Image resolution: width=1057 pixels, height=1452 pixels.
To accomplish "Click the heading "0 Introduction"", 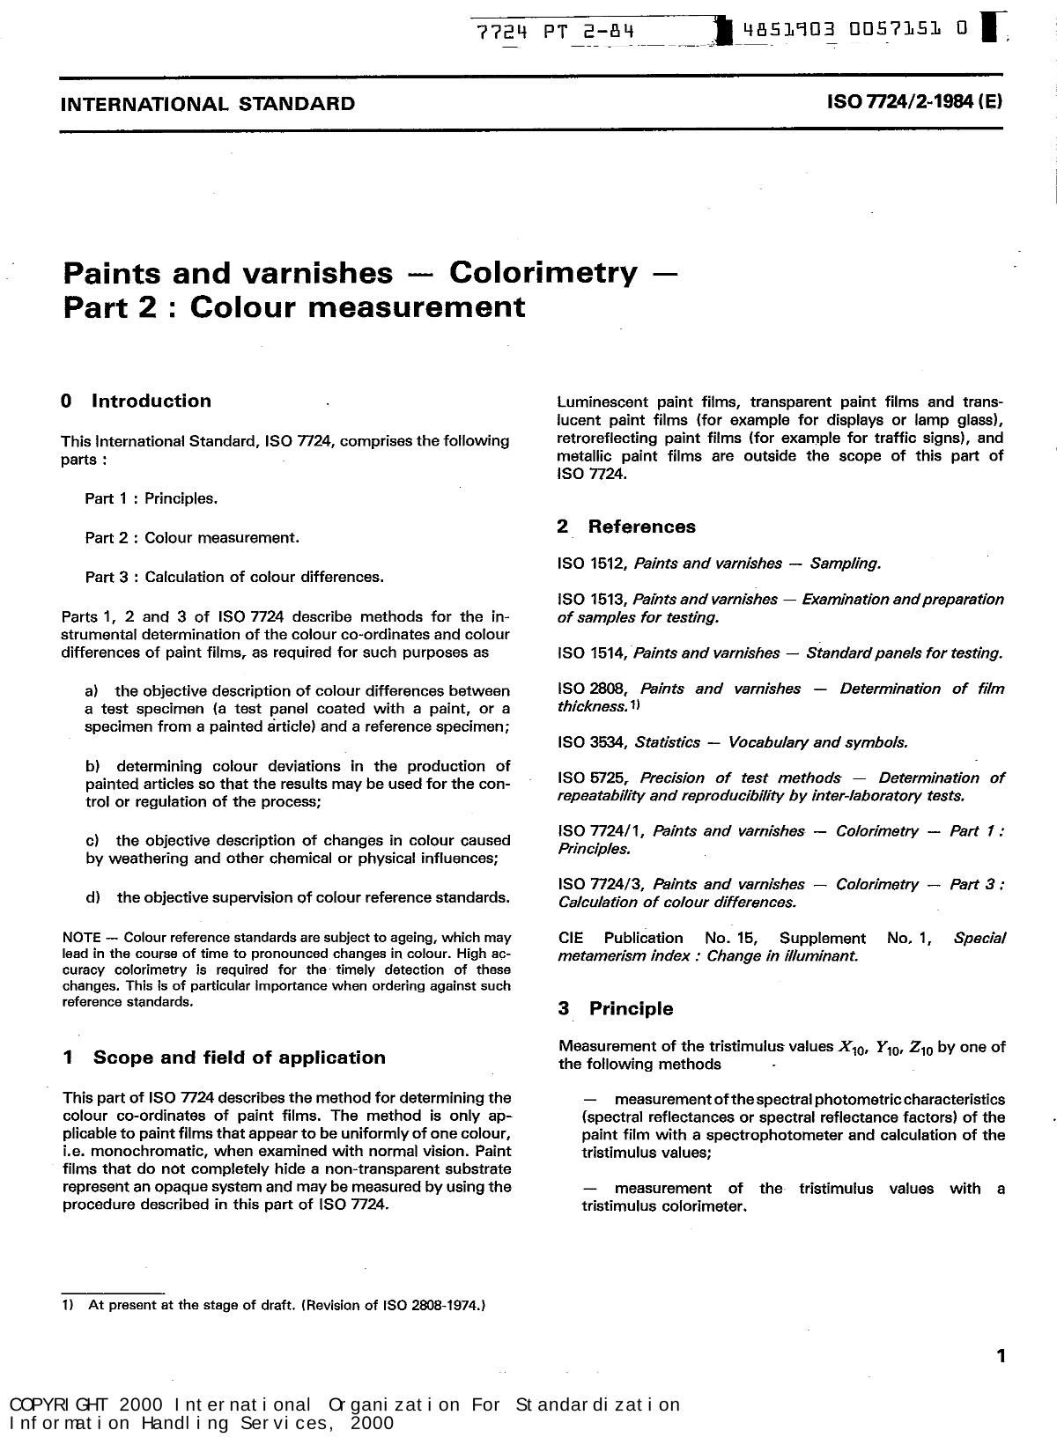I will (x=137, y=402).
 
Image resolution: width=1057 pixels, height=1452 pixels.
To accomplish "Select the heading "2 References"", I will (x=626, y=527).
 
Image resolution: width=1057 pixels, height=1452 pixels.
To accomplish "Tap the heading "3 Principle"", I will (x=616, y=1009).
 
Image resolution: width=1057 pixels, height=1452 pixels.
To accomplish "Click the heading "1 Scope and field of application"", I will (x=225, y=1058).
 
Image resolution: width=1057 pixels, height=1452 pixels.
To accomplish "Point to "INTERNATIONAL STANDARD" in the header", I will (x=208, y=104).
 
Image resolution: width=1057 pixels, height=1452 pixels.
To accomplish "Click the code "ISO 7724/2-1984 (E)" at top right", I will (x=914, y=101).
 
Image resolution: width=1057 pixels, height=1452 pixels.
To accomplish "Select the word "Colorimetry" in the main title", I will (x=543, y=272).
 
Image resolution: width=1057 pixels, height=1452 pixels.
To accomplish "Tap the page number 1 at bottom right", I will (x=1000, y=1357).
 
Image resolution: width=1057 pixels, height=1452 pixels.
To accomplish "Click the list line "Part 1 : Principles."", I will (x=151, y=498).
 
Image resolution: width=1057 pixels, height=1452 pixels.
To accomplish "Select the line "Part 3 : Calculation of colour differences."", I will (x=234, y=577).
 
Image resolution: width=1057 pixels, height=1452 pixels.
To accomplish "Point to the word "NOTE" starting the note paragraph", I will (x=81, y=938).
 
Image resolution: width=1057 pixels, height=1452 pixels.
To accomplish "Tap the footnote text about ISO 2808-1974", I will (x=286, y=1305).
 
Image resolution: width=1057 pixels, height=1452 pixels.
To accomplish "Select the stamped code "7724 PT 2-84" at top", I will (x=555, y=33).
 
